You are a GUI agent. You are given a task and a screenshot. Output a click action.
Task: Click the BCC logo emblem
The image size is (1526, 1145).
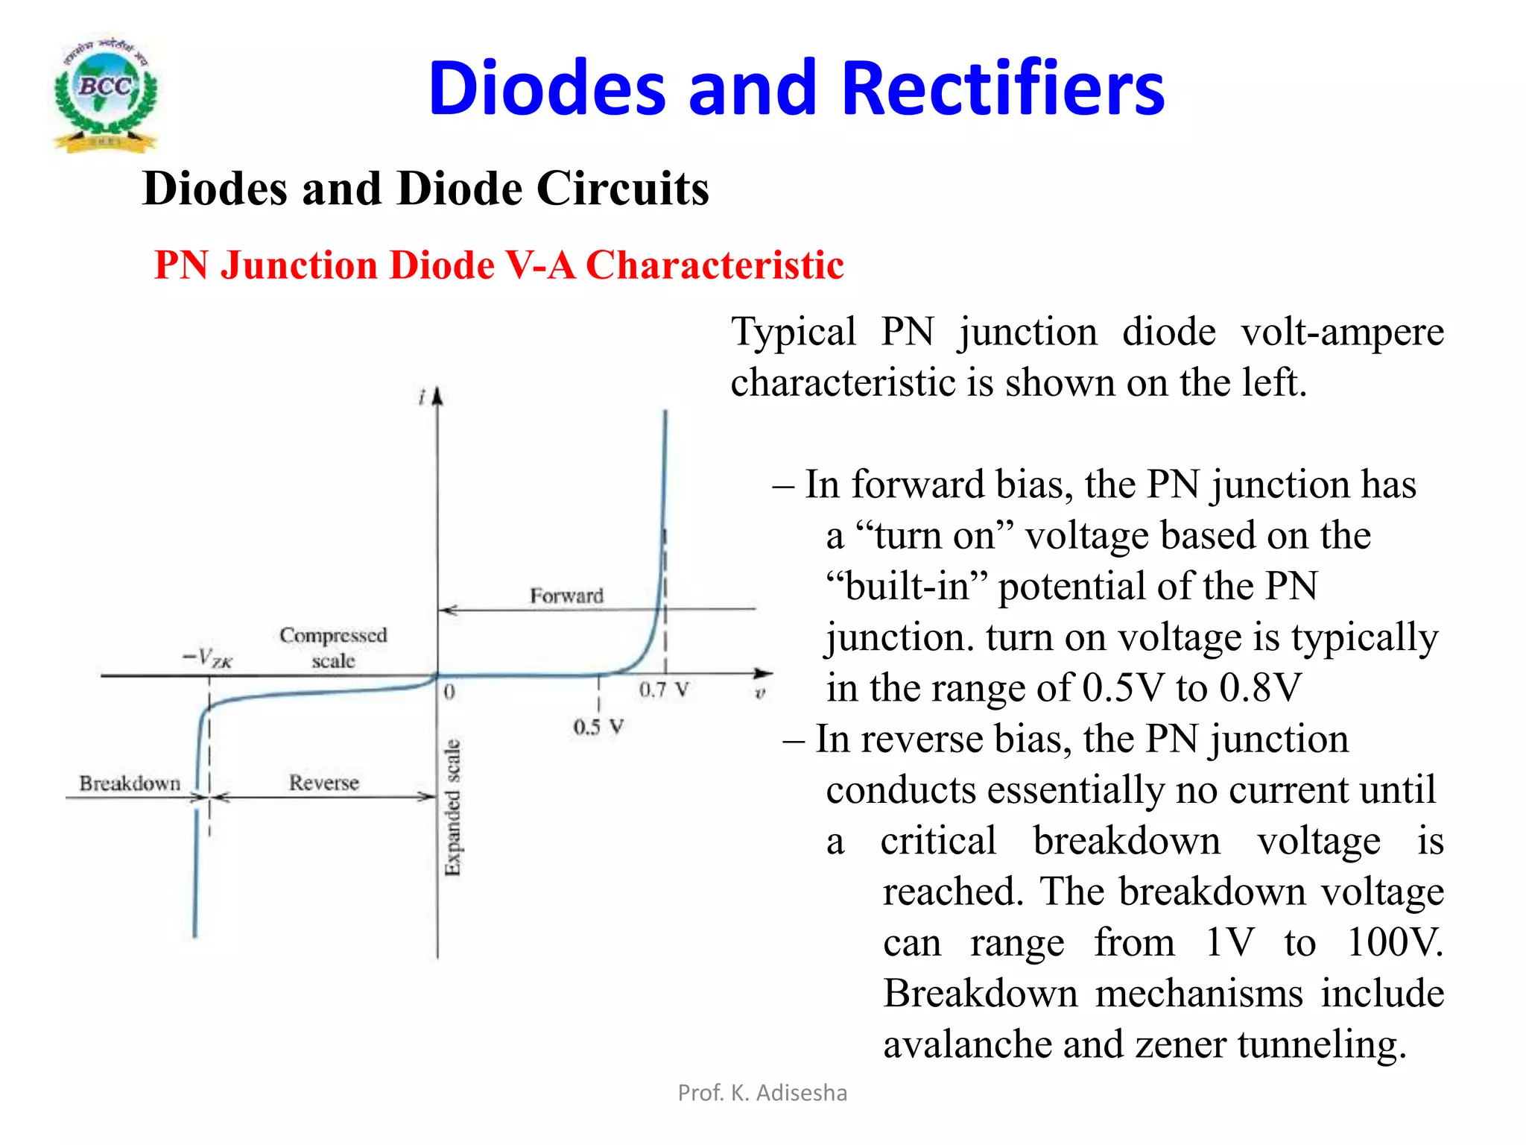tap(105, 94)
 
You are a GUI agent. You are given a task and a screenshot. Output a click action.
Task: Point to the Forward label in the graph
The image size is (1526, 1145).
tap(566, 596)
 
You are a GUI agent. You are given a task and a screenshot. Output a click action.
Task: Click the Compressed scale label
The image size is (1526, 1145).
tap(333, 647)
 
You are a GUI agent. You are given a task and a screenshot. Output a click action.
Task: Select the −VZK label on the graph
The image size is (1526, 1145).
tap(208, 657)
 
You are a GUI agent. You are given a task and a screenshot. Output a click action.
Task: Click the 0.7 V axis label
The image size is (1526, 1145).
tap(663, 690)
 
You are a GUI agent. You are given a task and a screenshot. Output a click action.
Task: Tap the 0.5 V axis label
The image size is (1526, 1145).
tap(598, 726)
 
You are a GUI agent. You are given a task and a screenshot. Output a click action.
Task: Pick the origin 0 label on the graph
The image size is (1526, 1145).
tap(449, 692)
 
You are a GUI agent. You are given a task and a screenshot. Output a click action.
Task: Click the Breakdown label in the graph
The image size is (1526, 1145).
tap(130, 783)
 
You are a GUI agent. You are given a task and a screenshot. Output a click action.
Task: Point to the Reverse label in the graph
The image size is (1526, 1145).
tap(324, 783)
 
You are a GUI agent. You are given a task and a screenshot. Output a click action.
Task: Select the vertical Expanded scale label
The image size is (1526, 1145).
tap(452, 807)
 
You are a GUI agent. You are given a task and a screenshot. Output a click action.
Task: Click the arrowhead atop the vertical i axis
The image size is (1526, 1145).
tap(437, 396)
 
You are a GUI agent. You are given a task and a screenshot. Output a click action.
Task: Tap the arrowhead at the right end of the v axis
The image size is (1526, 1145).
tap(763, 674)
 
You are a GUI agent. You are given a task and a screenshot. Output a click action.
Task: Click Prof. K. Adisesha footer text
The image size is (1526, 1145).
tap(762, 1093)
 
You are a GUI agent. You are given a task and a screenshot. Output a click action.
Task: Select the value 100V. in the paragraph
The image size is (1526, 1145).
tap(1395, 942)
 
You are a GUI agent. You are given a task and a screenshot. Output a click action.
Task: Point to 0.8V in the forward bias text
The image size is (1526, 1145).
tap(1260, 687)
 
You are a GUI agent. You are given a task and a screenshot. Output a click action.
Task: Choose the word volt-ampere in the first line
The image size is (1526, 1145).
tap(1342, 332)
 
